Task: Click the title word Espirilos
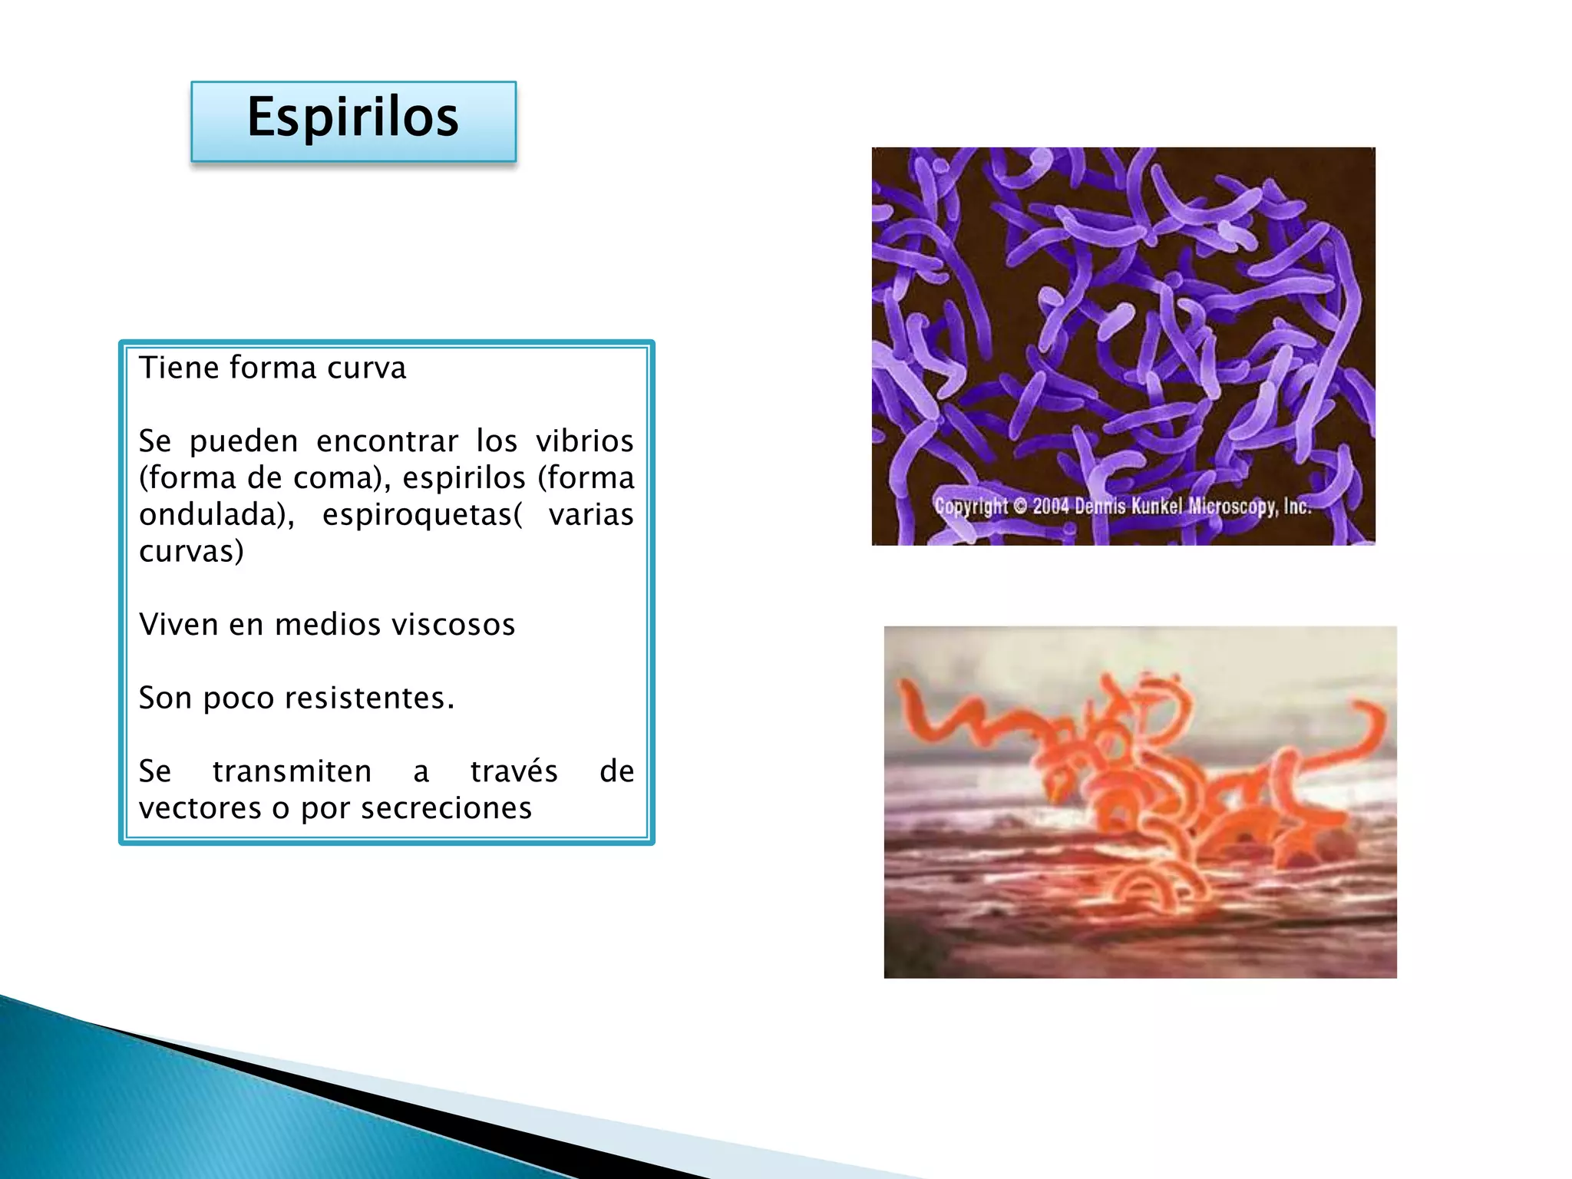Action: [352, 117]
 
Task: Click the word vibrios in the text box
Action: [584, 441]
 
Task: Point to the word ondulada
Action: [213, 515]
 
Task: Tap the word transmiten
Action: [292, 771]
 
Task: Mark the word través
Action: [514, 771]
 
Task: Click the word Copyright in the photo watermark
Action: [970, 507]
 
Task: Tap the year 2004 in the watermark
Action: [1050, 507]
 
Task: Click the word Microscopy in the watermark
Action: [1233, 507]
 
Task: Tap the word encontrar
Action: [387, 441]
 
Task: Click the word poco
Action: [238, 698]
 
